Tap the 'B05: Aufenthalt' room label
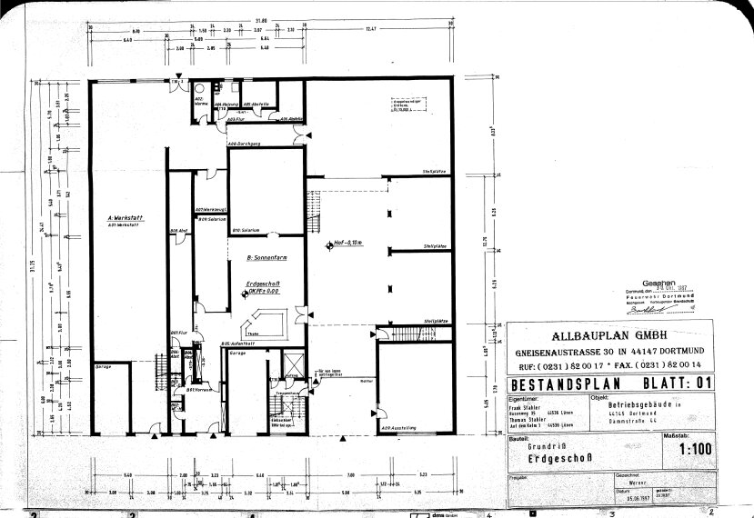[x=236, y=343]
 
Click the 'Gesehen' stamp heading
[x=659, y=282]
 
